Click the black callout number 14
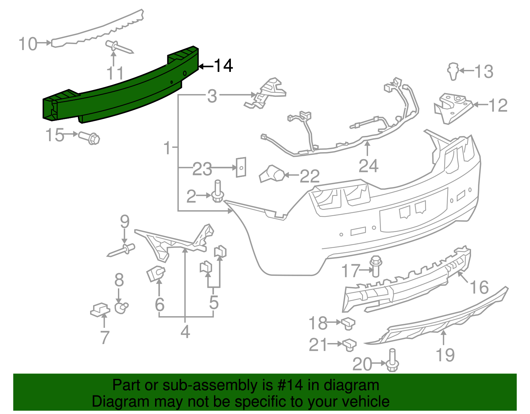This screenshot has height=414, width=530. click(224, 65)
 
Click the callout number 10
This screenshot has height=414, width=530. click(28, 44)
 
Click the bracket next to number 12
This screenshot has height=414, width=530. click(452, 108)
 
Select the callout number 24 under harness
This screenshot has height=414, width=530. click(368, 166)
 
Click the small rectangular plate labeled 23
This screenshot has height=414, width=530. click(241, 167)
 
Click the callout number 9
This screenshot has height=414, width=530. click(125, 221)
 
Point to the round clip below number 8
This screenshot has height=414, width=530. click(121, 308)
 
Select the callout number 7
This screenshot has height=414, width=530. click(105, 337)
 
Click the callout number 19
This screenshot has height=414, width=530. click(445, 355)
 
